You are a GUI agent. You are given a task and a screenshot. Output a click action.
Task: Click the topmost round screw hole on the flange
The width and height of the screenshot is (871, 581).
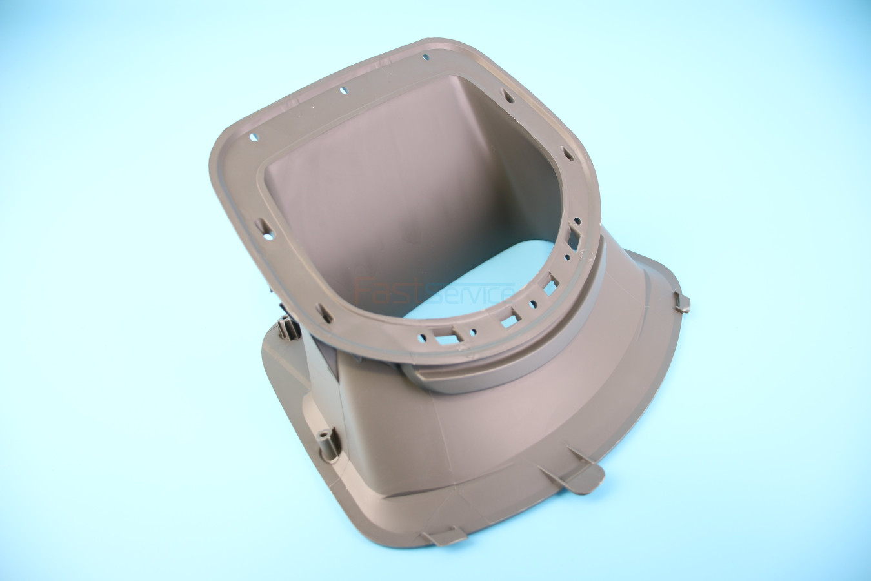point(426,57)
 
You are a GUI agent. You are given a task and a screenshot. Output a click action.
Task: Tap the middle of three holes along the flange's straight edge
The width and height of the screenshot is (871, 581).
point(344,90)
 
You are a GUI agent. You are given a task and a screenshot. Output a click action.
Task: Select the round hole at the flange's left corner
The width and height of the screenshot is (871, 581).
point(254,138)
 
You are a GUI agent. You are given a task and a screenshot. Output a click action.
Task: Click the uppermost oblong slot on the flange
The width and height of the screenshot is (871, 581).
point(508,96)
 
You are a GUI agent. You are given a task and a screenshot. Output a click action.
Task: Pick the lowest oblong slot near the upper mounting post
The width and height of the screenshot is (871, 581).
point(324,313)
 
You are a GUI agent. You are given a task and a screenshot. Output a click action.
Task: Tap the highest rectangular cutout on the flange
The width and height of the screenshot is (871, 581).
point(573,238)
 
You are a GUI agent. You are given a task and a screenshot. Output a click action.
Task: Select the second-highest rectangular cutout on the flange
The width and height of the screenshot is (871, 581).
point(550,285)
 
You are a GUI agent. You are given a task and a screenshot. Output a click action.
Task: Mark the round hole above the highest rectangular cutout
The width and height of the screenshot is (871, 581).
point(577,221)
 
